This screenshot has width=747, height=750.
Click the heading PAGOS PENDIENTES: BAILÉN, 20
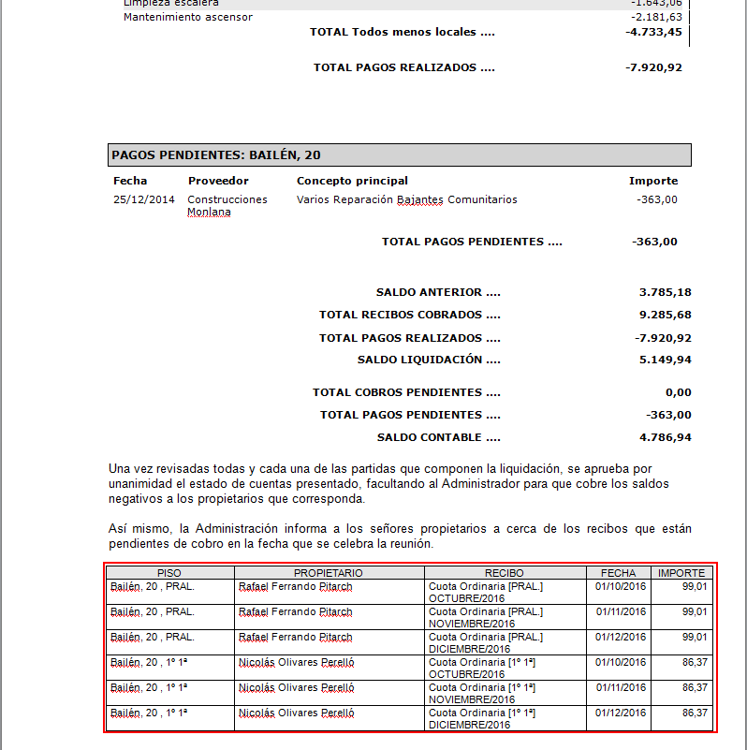[216, 154]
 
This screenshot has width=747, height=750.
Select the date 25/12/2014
[144, 199]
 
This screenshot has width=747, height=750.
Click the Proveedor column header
[218, 181]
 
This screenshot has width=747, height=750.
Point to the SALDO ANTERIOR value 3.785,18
[665, 292]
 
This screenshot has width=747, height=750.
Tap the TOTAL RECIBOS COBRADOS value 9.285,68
[665, 315]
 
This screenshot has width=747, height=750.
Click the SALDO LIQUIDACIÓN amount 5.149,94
[665, 360]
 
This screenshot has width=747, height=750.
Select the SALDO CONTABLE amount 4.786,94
[665, 437]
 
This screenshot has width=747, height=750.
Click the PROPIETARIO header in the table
[328, 572]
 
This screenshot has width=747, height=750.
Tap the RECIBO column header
[505, 572]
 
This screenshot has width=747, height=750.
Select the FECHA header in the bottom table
[618, 572]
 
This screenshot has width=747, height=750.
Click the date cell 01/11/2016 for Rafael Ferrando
[621, 611]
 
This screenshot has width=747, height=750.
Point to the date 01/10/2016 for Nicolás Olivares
[621, 662]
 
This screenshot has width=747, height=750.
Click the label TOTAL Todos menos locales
[402, 33]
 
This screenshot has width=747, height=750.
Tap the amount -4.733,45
[653, 33]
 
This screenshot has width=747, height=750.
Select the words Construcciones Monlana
[227, 205]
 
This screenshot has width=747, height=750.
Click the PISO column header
[169, 572]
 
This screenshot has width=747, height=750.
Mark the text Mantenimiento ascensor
[187, 17]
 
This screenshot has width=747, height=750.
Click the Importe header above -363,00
[652, 181]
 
